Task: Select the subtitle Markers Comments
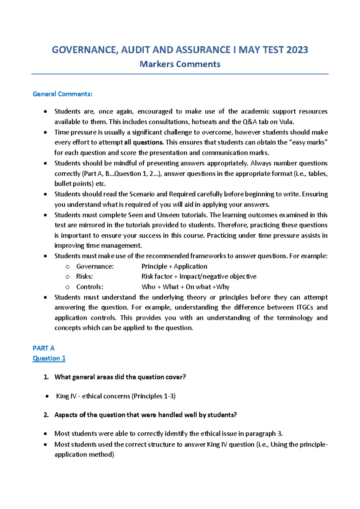click(180, 64)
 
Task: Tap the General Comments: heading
click(62, 94)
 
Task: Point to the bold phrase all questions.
click(144, 142)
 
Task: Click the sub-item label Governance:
click(95, 266)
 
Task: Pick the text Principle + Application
click(174, 266)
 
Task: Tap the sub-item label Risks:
click(84, 276)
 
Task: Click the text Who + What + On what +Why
click(185, 287)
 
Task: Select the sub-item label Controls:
click(90, 287)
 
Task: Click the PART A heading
click(43, 348)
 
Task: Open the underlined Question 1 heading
click(49, 359)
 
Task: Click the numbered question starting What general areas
click(120, 377)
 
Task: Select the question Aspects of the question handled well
click(145, 415)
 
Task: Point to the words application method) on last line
click(84, 455)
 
